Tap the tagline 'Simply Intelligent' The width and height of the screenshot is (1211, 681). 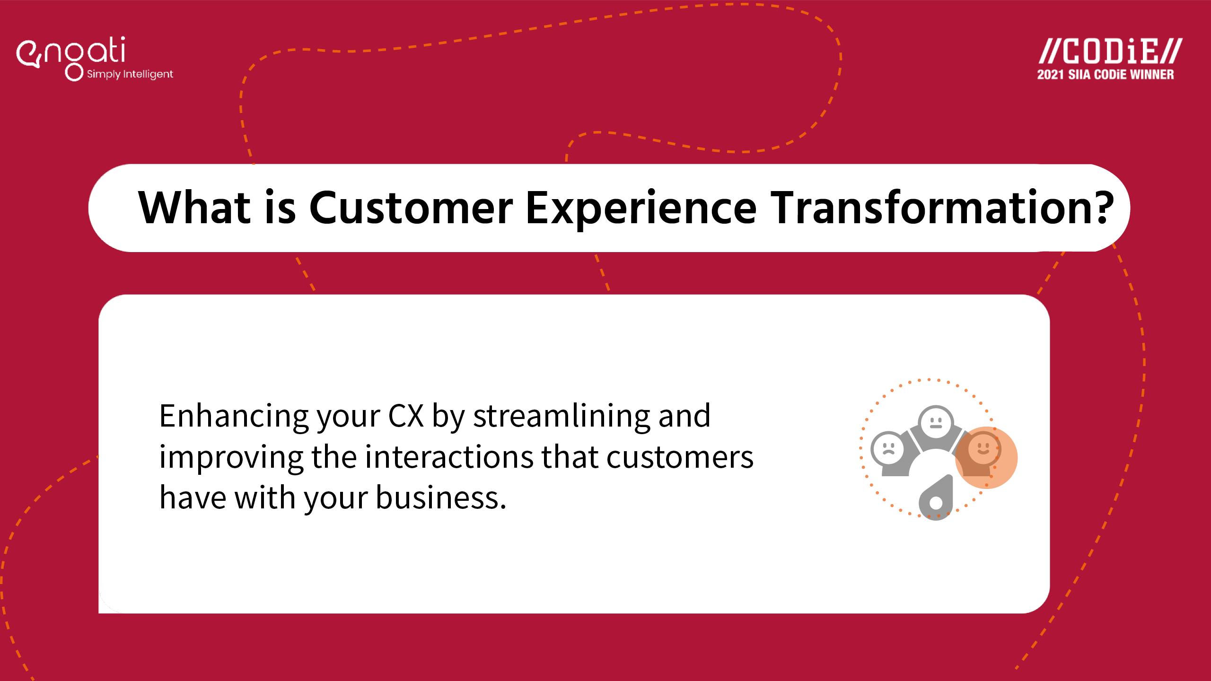130,74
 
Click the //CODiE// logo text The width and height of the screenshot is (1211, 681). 1110,51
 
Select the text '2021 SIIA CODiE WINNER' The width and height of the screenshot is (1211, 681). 1106,75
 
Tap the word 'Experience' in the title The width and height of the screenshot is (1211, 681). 641,210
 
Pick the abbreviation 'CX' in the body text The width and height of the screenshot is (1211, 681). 406,416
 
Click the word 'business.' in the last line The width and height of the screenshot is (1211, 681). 441,498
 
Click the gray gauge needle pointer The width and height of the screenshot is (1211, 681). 936,498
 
